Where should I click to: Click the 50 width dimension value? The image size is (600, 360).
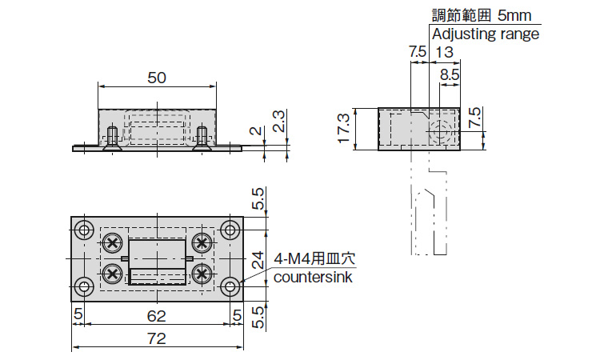(x=157, y=77)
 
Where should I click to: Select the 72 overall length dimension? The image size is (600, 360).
(x=157, y=338)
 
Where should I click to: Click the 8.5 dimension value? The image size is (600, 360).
(x=450, y=74)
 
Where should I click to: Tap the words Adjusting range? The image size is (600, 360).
(x=486, y=34)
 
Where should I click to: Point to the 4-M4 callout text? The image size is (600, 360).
(x=314, y=260)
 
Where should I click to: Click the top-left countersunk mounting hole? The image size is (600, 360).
(x=83, y=231)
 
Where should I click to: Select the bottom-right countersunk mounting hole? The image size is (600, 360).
(x=230, y=286)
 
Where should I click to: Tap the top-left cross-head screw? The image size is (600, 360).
(x=113, y=242)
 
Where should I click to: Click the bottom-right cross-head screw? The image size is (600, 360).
(x=202, y=274)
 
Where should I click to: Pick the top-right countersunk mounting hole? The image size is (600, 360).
(x=230, y=231)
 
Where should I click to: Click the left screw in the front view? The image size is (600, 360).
(x=112, y=138)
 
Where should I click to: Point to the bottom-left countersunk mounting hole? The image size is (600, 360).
(x=83, y=286)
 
